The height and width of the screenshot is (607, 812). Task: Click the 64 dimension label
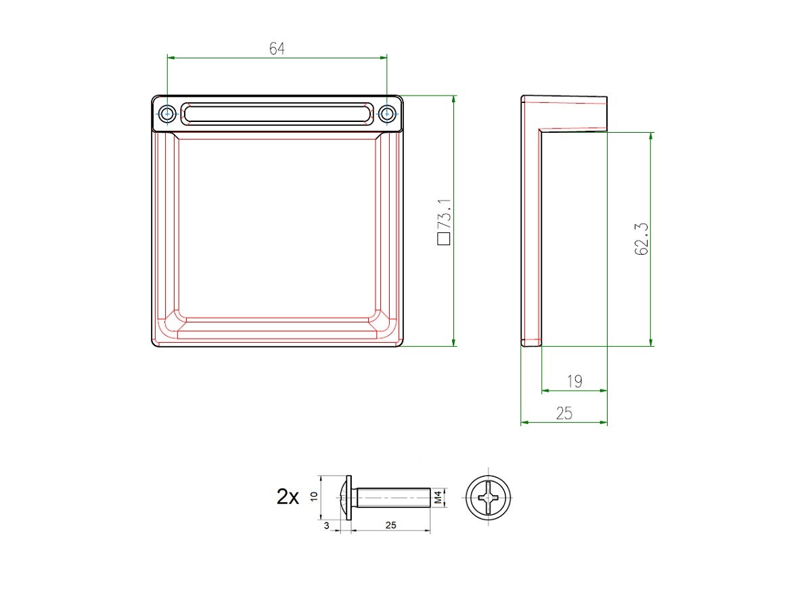(277, 49)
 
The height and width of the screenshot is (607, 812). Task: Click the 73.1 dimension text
(444, 215)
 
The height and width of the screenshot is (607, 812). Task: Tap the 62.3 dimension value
(641, 239)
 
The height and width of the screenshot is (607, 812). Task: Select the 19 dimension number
(574, 381)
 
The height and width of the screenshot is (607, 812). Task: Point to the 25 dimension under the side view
(564, 413)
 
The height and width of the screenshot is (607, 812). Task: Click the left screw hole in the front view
(167, 113)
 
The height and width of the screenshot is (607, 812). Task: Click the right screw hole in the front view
(387, 113)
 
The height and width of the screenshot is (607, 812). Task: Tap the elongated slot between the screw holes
(277, 113)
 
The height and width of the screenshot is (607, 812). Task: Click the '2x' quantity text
(288, 497)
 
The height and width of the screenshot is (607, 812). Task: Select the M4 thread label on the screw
(438, 497)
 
